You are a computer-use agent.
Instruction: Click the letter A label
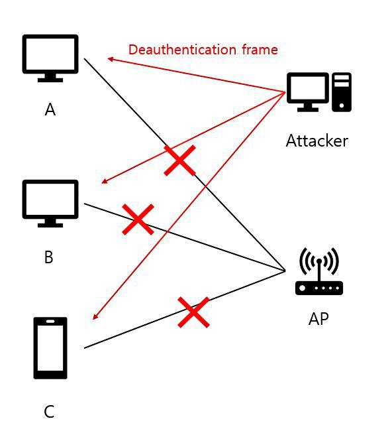point(50,109)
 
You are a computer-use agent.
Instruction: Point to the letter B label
point(48,257)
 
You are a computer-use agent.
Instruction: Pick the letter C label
point(49,412)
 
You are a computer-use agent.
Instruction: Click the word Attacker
point(317,141)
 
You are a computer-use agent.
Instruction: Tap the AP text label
point(318,319)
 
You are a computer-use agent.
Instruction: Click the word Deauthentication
point(182,50)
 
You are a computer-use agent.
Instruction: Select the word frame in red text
point(260,50)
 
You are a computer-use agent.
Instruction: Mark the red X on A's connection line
point(180,160)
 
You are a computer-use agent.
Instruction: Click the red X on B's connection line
point(138,219)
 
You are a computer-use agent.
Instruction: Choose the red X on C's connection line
point(193,312)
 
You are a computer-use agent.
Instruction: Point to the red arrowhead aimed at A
point(110,59)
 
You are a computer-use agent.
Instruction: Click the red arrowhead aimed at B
point(104,181)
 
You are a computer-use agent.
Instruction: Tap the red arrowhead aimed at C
point(95,317)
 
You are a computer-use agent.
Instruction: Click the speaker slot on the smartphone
point(50,321)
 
